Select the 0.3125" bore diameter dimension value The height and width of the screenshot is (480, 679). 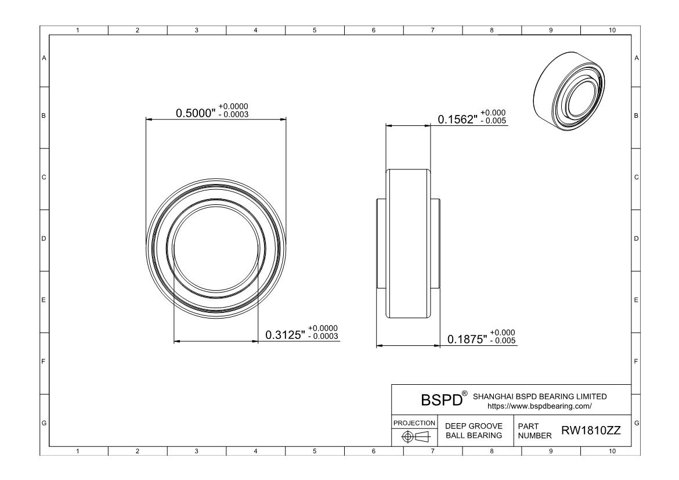click(x=285, y=335)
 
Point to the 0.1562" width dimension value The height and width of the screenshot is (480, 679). click(x=457, y=120)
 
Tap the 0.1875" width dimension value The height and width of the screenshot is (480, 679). click(x=467, y=339)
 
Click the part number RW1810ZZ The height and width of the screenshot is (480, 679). click(x=590, y=431)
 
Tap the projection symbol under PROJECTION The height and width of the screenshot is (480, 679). click(x=414, y=436)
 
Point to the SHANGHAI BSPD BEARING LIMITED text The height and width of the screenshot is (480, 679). click(x=540, y=396)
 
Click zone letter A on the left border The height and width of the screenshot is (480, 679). click(x=44, y=58)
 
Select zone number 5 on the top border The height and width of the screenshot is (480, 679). click(x=315, y=30)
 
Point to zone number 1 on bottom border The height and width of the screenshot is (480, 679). click(x=78, y=450)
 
